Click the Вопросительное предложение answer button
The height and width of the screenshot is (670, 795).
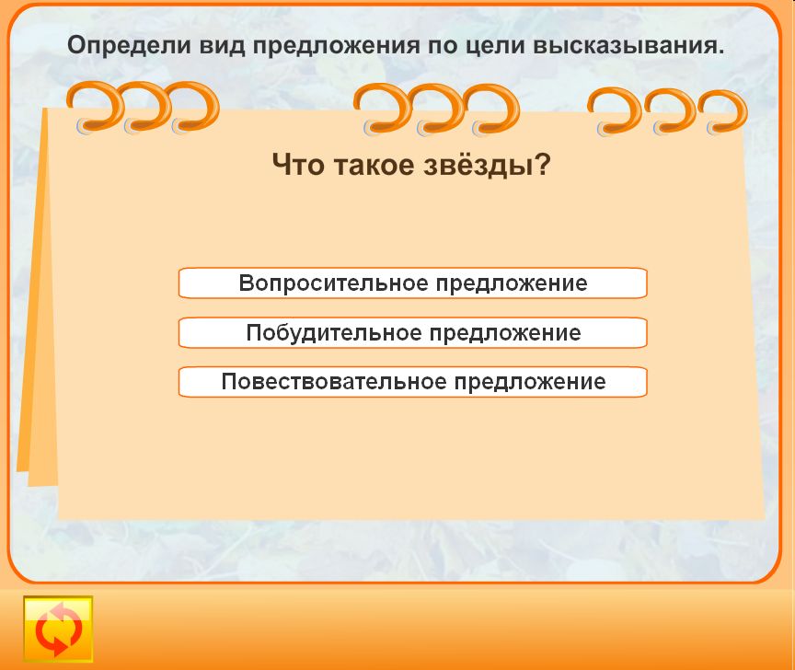pyautogui.click(x=413, y=283)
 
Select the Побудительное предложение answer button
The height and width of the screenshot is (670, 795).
pyautogui.click(x=413, y=333)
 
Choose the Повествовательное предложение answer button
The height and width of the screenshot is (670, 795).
pyautogui.click(x=413, y=382)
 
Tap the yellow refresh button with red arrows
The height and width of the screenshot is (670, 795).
pyautogui.click(x=58, y=629)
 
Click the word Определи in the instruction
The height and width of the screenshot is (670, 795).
pyautogui.click(x=130, y=46)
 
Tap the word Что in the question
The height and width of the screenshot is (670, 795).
pyautogui.click(x=298, y=165)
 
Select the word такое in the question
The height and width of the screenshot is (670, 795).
pyautogui.click(x=374, y=166)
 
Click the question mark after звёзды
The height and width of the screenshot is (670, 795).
pyautogui.click(x=541, y=164)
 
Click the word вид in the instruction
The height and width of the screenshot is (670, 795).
pyautogui.click(x=222, y=46)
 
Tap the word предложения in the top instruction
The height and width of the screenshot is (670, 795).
pyautogui.click(x=336, y=47)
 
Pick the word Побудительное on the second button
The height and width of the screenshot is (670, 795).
pyautogui.click(x=334, y=333)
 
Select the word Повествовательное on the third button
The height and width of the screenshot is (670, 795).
pyautogui.click(x=334, y=381)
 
